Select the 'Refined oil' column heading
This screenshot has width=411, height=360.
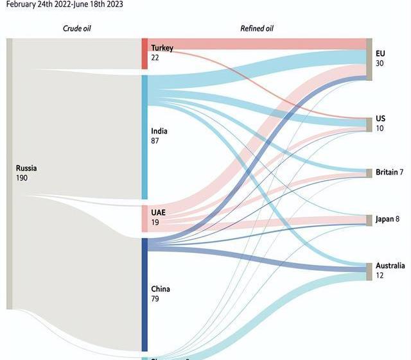coord(257,28)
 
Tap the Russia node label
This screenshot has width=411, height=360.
coord(27,168)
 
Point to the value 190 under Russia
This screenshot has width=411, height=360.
coord(22,178)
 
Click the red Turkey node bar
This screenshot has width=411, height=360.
coord(145,54)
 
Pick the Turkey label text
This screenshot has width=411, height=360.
coord(162,48)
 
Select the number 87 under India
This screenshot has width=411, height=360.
coord(155,141)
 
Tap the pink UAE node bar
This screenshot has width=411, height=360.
coord(145,219)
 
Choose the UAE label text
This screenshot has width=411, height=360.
coord(159,212)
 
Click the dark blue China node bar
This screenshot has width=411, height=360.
coord(145,295)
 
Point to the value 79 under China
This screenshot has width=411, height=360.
coord(155,298)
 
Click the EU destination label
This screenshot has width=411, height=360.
coord(380,53)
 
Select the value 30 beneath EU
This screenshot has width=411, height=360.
coord(380,63)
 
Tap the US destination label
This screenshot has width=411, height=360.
coord(381,119)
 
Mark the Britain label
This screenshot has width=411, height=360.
coord(386,173)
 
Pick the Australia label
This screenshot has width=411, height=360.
coord(390,266)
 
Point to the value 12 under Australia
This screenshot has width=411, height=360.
coord(380,275)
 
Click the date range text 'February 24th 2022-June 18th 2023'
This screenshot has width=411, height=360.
coord(64,4)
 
